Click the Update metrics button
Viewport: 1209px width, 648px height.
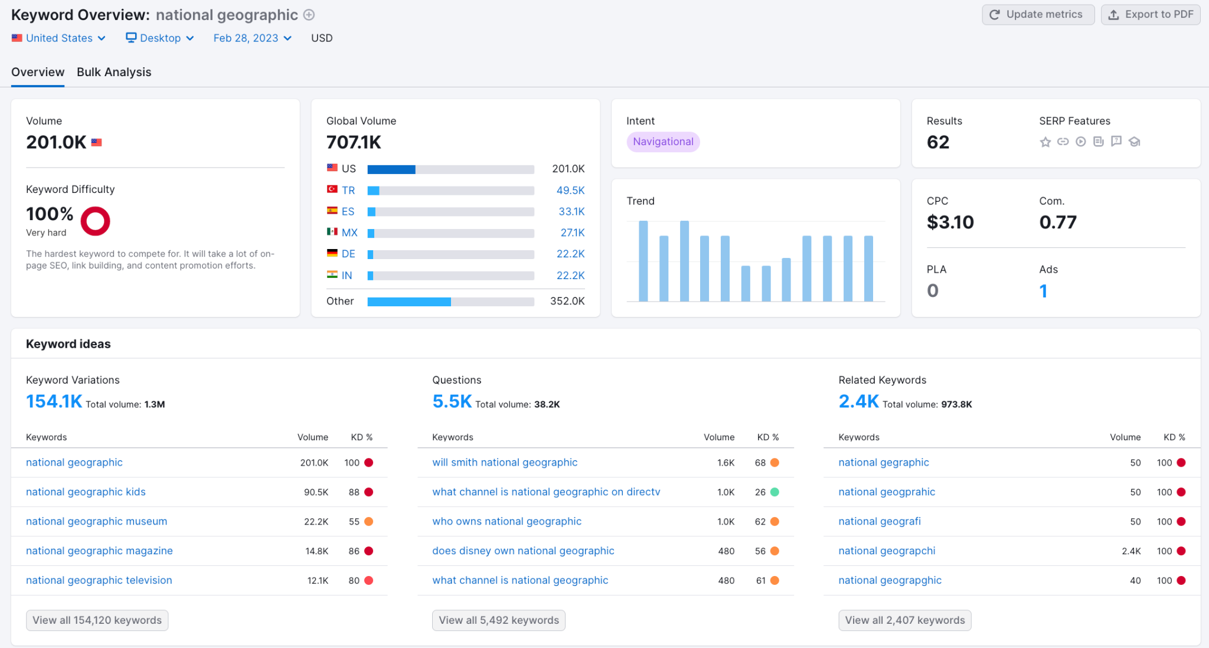[x=1038, y=15]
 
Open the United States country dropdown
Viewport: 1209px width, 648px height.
[x=58, y=38]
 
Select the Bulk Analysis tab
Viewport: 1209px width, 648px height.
[x=114, y=72]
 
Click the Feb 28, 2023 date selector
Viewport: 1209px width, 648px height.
[x=253, y=38]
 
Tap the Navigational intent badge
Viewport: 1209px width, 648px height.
[x=663, y=142]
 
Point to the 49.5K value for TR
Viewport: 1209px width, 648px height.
[x=570, y=191]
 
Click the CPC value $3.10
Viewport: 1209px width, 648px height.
[x=950, y=222]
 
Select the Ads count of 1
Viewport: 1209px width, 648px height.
[x=1043, y=291]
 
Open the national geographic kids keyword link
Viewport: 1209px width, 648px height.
[x=86, y=492]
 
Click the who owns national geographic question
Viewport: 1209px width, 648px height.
[x=507, y=522]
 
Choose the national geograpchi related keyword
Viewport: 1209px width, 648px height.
[x=887, y=551]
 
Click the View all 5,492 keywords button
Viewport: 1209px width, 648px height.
[x=499, y=620]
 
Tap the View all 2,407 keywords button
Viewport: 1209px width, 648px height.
[x=905, y=620]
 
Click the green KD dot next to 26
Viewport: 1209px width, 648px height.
[x=775, y=492]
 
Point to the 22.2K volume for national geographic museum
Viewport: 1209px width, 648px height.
[x=316, y=522]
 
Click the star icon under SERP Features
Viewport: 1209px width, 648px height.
[x=1045, y=142]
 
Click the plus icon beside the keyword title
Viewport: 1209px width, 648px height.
[x=309, y=15]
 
